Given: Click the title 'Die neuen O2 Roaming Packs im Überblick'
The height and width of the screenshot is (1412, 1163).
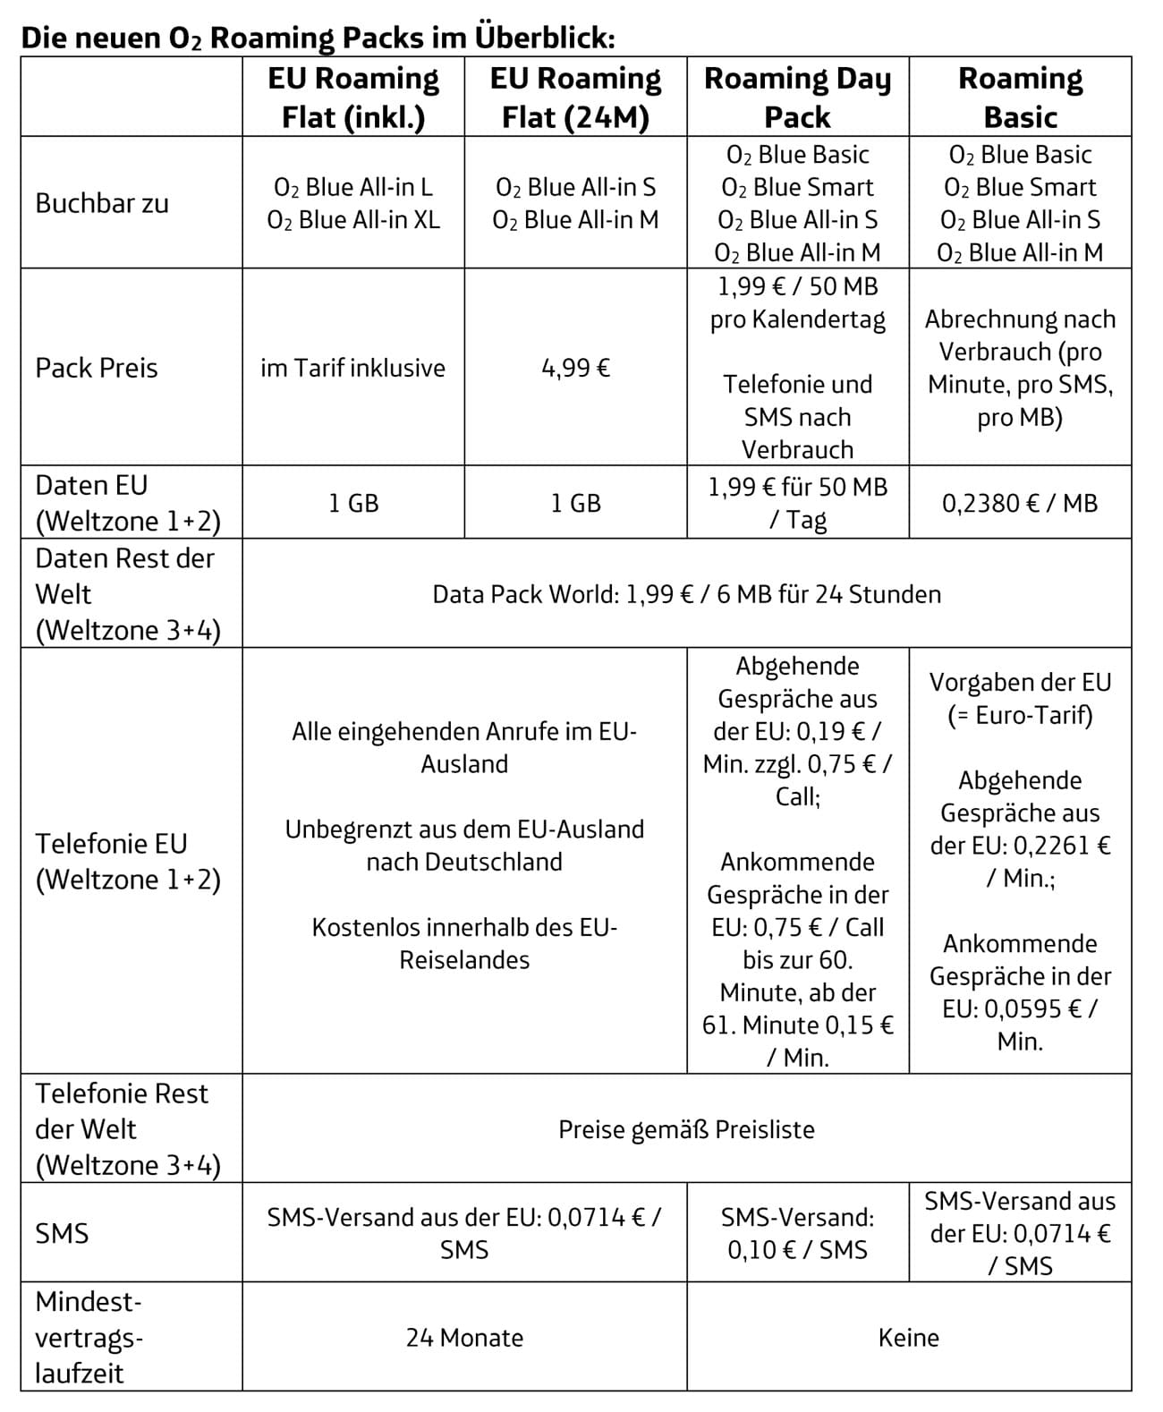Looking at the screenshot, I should (x=318, y=38).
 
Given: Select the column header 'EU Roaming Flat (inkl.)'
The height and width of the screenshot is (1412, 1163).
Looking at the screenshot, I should (x=353, y=98).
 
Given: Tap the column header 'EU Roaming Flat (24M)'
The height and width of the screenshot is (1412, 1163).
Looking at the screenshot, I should (x=575, y=98).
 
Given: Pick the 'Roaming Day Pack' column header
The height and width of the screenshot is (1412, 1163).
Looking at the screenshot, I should (x=797, y=98).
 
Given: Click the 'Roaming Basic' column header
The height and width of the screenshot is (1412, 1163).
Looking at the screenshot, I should (x=1020, y=98).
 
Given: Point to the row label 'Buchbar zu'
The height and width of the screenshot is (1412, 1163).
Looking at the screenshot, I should (x=102, y=203).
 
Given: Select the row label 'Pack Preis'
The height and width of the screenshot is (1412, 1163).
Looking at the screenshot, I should (x=97, y=368).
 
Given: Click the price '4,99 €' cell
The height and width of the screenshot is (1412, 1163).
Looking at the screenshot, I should (x=575, y=368).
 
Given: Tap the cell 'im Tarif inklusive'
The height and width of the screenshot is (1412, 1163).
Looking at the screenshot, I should (x=353, y=368).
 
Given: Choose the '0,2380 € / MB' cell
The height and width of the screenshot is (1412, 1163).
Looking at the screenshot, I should (x=1020, y=503).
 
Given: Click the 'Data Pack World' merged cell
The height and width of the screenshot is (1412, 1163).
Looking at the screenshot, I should (x=686, y=594).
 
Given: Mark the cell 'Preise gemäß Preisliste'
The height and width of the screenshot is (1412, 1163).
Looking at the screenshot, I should (x=686, y=1129).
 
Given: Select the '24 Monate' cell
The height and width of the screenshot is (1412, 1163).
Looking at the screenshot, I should (x=464, y=1338).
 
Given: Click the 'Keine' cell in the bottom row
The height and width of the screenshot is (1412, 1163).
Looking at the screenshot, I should (x=909, y=1338).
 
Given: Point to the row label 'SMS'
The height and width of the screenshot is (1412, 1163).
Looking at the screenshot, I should (x=62, y=1234).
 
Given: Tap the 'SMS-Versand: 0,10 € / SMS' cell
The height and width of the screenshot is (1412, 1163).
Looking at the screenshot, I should (x=797, y=1233).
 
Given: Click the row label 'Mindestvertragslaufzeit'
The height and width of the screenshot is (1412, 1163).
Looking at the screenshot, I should (x=89, y=1338).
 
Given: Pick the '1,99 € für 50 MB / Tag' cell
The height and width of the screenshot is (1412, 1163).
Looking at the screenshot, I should (x=797, y=503).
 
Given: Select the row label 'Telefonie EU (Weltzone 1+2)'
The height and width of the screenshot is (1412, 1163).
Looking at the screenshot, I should (x=127, y=862).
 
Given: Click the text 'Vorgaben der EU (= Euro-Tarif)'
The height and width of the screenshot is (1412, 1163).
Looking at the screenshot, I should (x=1020, y=699).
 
